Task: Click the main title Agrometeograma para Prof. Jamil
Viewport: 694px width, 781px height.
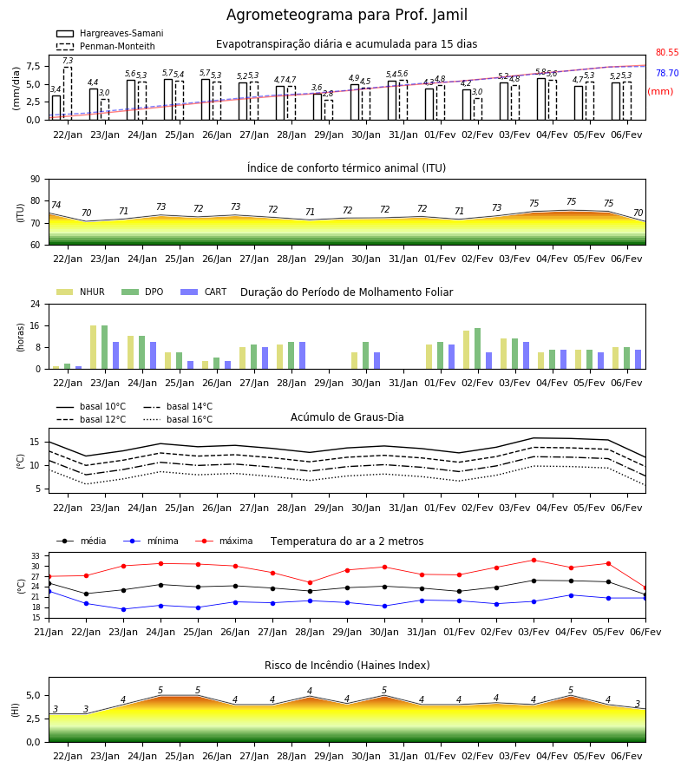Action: point(346,15)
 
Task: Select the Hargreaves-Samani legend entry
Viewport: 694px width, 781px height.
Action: point(110,33)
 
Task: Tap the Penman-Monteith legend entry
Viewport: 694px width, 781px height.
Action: point(106,46)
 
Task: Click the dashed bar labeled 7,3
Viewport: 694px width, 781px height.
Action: point(68,94)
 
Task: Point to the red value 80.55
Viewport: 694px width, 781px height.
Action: point(667,52)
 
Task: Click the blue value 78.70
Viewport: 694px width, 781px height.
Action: point(667,73)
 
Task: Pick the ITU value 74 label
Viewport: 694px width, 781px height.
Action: point(56,205)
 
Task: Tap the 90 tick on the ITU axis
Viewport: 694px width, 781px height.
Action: point(36,180)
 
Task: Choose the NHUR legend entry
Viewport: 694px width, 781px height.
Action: point(81,292)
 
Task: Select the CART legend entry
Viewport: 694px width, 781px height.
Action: point(204,292)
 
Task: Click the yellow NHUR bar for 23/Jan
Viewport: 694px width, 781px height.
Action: point(93,347)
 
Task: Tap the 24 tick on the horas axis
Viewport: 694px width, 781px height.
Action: point(36,304)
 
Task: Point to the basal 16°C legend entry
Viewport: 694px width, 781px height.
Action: point(178,419)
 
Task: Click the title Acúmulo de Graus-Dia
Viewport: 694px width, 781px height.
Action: point(347,417)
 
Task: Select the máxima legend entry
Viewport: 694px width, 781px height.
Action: point(225,541)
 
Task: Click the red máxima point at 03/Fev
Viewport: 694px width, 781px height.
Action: point(534,561)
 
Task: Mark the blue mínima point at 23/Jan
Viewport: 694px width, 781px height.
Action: point(123,609)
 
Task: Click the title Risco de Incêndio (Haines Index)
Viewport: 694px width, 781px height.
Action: point(347,666)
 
